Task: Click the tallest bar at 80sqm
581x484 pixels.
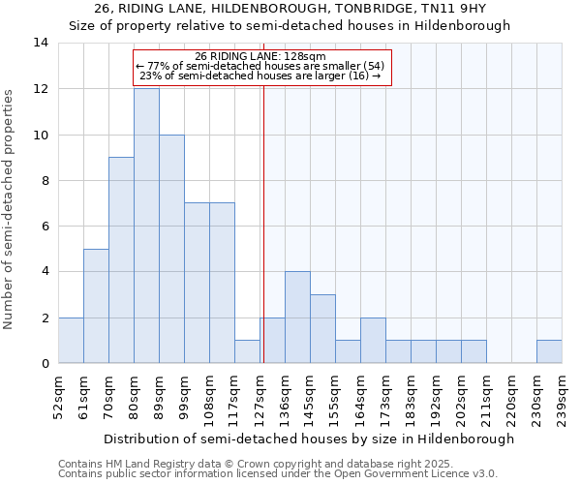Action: pyautogui.click(x=146, y=226)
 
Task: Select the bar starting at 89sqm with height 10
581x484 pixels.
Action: pyautogui.click(x=171, y=249)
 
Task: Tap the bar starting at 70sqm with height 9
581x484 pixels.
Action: pyautogui.click(x=121, y=260)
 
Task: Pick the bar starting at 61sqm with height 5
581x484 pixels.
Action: pyautogui.click(x=96, y=306)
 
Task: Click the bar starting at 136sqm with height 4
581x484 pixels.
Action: pyautogui.click(x=297, y=318)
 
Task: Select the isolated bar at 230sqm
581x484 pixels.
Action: pyautogui.click(x=549, y=352)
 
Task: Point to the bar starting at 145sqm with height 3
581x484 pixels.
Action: pyautogui.click(x=322, y=329)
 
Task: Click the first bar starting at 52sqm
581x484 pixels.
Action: pyautogui.click(x=71, y=341)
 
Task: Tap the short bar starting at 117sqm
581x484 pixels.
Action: pyautogui.click(x=247, y=352)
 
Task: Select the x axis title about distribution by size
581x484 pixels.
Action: pyautogui.click(x=309, y=439)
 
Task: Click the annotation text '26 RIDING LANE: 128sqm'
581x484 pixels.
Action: pyautogui.click(x=260, y=56)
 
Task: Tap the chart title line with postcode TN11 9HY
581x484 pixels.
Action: pyautogui.click(x=290, y=9)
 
